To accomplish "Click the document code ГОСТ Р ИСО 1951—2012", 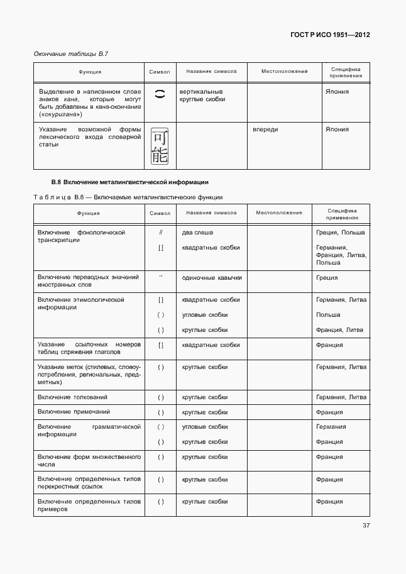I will pos(329,35).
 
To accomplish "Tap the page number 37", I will pos(366,526).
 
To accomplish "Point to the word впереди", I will pos(265,130).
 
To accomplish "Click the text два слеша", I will pos(197,233).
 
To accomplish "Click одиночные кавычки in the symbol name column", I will pos(211,277).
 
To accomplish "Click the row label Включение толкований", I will pos(72,397).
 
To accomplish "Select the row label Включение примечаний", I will pos(74,412).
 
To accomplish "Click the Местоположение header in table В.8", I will pos(279,213).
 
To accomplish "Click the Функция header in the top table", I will pos(90,72).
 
